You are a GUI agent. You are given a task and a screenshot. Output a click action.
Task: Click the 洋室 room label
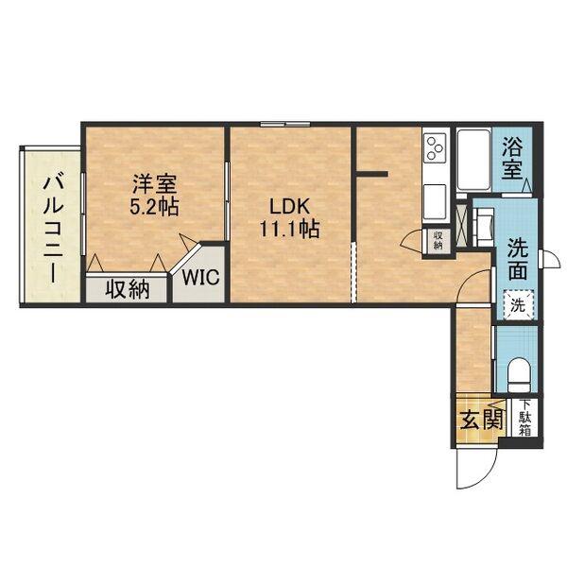pyautogui.click(x=154, y=184)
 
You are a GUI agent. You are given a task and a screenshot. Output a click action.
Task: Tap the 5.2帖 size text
pyautogui.click(x=154, y=207)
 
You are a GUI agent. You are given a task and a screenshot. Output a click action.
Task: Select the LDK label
pyautogui.click(x=290, y=206)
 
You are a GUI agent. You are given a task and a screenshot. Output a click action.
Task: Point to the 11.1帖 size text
pyautogui.click(x=290, y=229)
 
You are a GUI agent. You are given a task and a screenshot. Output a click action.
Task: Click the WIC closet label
pyautogui.click(x=200, y=277)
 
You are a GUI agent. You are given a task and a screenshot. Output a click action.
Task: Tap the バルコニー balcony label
pyautogui.click(x=54, y=229)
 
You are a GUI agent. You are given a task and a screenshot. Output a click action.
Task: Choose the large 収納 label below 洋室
pyautogui.click(x=128, y=290)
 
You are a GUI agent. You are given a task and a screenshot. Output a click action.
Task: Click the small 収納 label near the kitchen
pyautogui.click(x=438, y=240)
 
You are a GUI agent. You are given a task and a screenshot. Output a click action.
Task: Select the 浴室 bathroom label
pyautogui.click(x=512, y=159)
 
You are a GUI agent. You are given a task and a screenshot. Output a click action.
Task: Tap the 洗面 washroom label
pyautogui.click(x=518, y=259)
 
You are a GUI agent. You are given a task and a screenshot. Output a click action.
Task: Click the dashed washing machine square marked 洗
pyautogui.click(x=519, y=305)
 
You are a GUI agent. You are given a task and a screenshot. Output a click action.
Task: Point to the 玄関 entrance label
pyautogui.click(x=481, y=420)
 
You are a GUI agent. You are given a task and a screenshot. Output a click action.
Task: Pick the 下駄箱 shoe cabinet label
pyautogui.click(x=525, y=418)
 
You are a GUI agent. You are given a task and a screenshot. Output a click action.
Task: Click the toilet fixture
pyautogui.click(x=518, y=375)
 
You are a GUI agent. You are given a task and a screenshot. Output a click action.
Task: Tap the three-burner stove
pyautogui.click(x=435, y=148)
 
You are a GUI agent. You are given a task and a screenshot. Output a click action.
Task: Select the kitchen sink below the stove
pyautogui.click(x=435, y=202)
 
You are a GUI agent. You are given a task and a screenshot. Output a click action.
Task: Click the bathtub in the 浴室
pyautogui.click(x=473, y=161)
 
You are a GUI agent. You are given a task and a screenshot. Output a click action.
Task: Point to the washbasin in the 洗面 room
pyautogui.click(x=484, y=226)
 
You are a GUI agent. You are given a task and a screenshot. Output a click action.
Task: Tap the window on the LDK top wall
pyautogui.click(x=285, y=125)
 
